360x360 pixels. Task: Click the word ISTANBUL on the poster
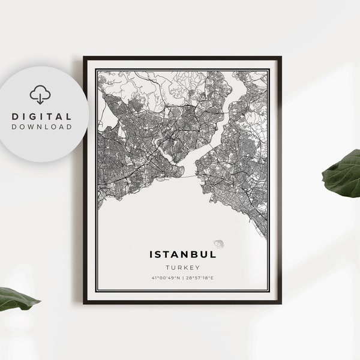[182, 254]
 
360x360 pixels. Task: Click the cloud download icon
[40, 94]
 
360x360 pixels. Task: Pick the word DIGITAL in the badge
[41, 116]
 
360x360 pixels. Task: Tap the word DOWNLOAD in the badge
[41, 127]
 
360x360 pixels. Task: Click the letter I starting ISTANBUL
[151, 254]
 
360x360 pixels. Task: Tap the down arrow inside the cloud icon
[40, 97]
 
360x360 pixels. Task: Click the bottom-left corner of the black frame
[85, 302]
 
